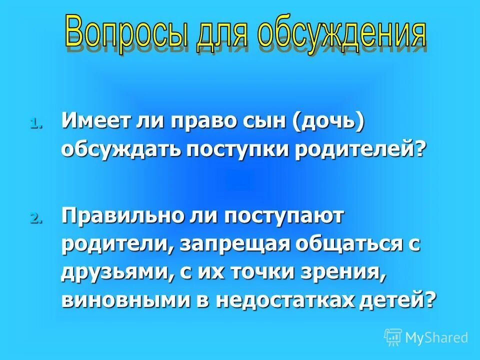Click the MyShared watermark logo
tap(426, 337)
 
